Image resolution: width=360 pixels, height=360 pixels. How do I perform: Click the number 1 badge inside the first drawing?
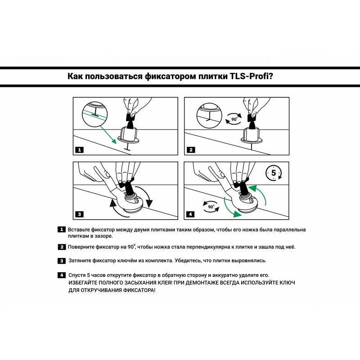click(x=79, y=149)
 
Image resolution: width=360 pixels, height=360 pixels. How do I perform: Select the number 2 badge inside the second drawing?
click(x=191, y=149)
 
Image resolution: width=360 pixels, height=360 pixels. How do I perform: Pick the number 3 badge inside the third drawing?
click(x=79, y=214)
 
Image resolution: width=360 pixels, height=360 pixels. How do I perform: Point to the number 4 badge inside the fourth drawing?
click(x=191, y=214)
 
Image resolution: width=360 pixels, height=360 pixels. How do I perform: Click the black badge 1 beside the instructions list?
click(x=62, y=229)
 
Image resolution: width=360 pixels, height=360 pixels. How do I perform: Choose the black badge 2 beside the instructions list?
click(x=62, y=247)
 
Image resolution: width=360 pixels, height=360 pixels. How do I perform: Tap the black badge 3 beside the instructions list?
click(x=62, y=261)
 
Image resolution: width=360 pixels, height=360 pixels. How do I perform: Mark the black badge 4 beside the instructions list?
click(x=62, y=275)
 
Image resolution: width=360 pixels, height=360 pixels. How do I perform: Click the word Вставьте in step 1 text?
click(x=81, y=229)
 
